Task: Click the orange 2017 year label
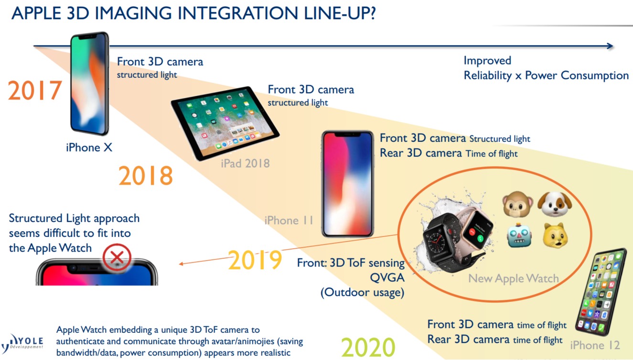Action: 35,90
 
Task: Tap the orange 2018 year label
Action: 146,176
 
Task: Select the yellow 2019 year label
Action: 255,260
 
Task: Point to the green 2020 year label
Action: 368,347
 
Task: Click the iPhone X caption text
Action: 89,148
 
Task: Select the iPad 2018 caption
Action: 245,163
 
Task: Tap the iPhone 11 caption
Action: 289,220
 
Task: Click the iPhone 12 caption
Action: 595,345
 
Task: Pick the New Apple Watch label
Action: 514,278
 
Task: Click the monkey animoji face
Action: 517,204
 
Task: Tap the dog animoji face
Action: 555,204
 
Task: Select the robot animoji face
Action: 519,235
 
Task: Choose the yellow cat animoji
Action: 555,235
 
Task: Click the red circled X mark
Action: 117,257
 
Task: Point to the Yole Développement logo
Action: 22,343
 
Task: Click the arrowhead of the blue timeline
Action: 610,46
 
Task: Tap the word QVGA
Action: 387,277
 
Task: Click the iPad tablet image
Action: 225,123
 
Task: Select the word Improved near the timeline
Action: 487,61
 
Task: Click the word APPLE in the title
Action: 36,13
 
